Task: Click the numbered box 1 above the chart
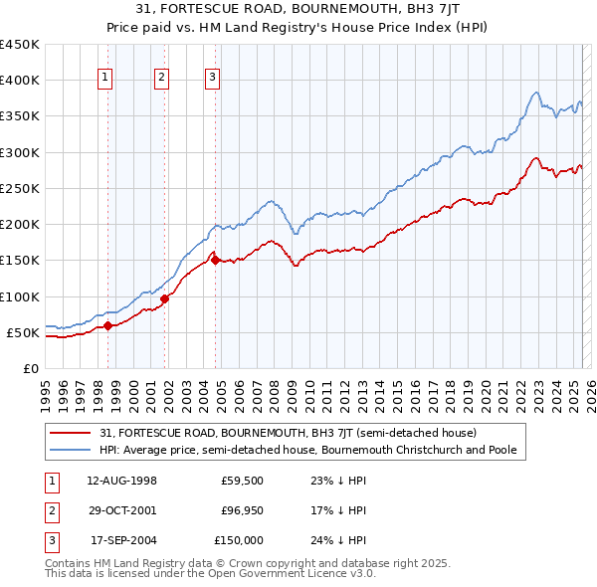coord(105,82)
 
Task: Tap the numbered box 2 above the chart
coord(161,82)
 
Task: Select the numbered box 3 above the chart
coord(212,82)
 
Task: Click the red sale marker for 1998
coord(108,325)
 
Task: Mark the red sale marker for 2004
coord(216,261)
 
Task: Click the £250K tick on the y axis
coord(22,188)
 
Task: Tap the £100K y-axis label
coord(22,296)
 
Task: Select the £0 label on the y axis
coord(31,368)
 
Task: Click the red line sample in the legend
coord(71,433)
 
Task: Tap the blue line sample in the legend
coord(71,450)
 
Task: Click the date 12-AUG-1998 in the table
coord(121,481)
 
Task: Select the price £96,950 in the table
coord(242,510)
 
